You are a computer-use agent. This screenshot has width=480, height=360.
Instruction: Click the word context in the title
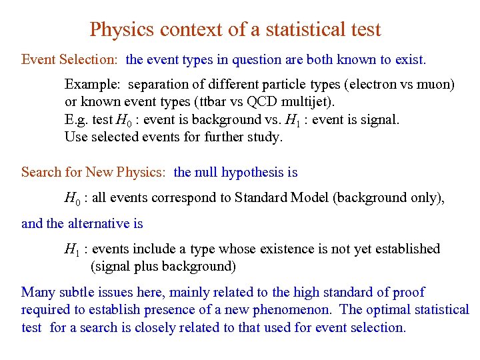coord(184,30)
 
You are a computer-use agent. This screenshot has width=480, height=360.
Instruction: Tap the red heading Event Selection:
coord(70,60)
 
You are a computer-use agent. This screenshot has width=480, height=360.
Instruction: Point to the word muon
coord(435,85)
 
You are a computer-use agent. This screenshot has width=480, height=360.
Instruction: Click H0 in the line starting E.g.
coord(123,120)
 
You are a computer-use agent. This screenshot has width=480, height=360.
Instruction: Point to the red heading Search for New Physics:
coord(93,173)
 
